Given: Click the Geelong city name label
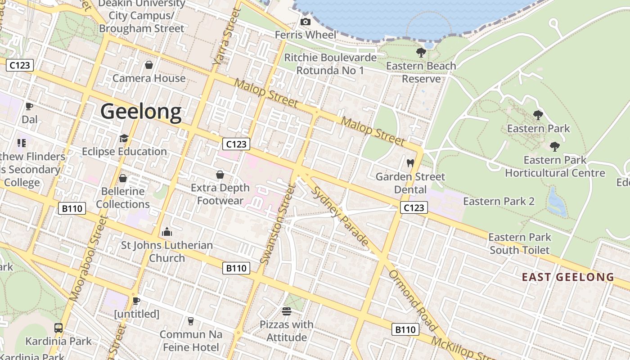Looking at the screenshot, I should click(x=141, y=111).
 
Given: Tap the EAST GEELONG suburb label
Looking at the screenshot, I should click(x=568, y=277).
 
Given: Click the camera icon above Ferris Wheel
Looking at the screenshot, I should click(x=305, y=22).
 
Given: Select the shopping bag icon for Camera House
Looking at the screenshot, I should click(x=149, y=65).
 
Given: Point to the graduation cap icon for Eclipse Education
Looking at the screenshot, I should click(x=124, y=138).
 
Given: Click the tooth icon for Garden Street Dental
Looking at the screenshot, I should click(x=410, y=163).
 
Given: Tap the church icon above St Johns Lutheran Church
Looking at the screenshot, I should click(x=167, y=232).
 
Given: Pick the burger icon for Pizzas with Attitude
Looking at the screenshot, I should click(x=287, y=311).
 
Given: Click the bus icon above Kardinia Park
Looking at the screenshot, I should click(x=58, y=328).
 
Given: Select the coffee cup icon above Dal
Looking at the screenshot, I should click(x=29, y=107).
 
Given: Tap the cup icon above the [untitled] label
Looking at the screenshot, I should click(x=136, y=301).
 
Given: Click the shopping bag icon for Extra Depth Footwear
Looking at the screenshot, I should click(x=220, y=175).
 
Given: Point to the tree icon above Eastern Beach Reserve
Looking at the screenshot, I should click(x=421, y=53).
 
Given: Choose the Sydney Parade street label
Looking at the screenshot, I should click(x=340, y=216).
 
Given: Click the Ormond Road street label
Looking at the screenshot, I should click(x=413, y=300).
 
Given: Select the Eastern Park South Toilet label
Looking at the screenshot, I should click(x=520, y=243).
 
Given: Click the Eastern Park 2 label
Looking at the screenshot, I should click(x=499, y=201).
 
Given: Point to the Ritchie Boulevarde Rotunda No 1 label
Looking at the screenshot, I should click(x=330, y=64).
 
